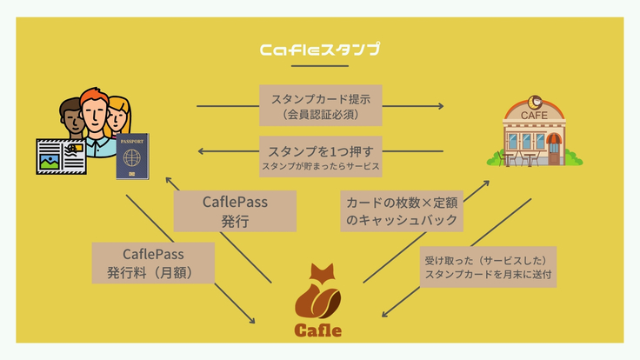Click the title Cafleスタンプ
pos(319,50)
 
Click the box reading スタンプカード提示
pos(321,104)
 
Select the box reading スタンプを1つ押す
pos(321,154)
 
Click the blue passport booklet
pos(133,157)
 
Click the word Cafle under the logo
pos(317,330)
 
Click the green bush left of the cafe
pos(496,158)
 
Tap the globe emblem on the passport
pos(132,160)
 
